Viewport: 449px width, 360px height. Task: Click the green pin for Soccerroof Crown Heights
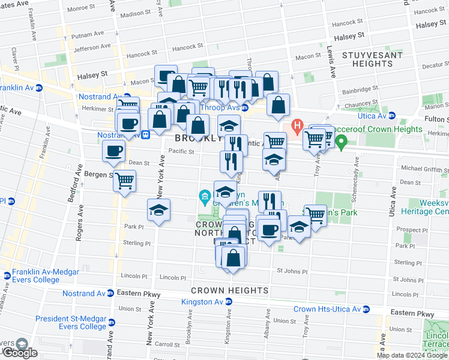tap(342, 142)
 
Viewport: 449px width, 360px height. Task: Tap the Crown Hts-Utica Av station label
tap(327, 309)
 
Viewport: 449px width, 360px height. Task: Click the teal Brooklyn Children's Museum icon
tap(205, 196)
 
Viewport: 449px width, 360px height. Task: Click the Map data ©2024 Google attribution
tap(412, 355)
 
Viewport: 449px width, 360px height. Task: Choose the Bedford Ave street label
tap(78, 188)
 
